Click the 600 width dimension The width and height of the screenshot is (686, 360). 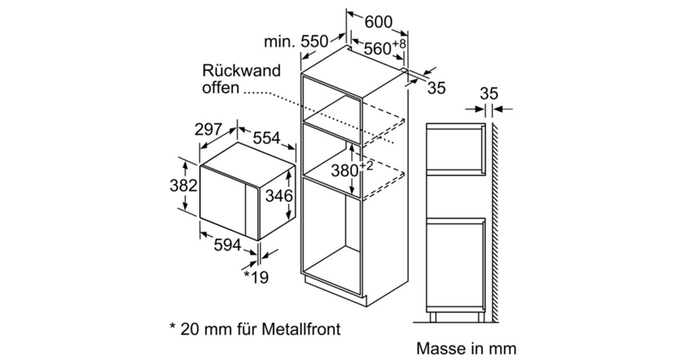click(x=378, y=22)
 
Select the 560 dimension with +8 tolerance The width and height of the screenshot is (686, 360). click(x=385, y=47)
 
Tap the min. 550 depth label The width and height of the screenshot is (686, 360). click(x=296, y=41)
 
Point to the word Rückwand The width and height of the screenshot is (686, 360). click(x=241, y=70)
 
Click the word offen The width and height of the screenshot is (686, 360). click(x=221, y=87)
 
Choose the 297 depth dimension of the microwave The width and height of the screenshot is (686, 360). click(x=208, y=129)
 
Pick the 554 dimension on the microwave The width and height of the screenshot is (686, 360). click(x=266, y=138)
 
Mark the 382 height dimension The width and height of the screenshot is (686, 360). click(x=184, y=186)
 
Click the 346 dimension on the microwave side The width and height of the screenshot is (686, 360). click(x=279, y=195)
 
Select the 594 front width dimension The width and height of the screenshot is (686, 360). click(x=228, y=245)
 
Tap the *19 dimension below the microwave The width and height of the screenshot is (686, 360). click(x=256, y=277)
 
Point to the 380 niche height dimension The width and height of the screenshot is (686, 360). click(x=352, y=169)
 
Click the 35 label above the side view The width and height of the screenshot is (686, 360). click(x=489, y=93)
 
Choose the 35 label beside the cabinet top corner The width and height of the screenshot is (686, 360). click(x=436, y=88)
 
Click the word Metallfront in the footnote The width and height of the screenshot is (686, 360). click(x=301, y=329)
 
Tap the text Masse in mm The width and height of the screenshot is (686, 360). click(x=466, y=349)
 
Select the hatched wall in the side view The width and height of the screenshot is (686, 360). click(x=495, y=222)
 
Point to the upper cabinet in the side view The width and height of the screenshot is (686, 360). click(x=456, y=149)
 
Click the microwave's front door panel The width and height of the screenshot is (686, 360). click(x=222, y=201)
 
